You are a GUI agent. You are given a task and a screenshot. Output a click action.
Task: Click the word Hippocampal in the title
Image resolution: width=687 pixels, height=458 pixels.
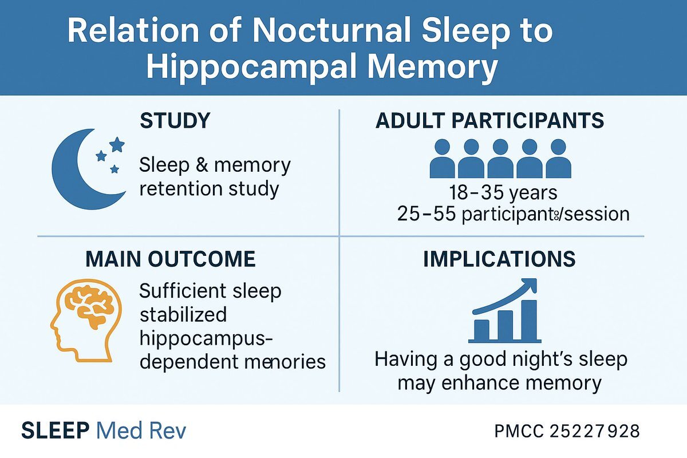point(251,67)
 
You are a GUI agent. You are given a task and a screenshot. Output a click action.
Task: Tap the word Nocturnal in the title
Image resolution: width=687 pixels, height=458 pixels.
point(332,31)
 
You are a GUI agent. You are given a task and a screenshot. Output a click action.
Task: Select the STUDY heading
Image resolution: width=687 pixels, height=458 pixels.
point(175,121)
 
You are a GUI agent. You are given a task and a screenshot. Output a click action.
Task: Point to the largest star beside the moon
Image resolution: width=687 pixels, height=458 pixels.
point(117,144)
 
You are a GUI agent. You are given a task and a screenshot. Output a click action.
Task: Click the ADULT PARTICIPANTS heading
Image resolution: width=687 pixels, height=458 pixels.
point(489,121)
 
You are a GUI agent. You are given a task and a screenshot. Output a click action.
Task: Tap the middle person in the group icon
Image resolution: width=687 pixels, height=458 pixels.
point(500,158)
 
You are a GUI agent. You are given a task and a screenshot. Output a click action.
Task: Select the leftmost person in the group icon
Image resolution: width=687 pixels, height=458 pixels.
point(442,158)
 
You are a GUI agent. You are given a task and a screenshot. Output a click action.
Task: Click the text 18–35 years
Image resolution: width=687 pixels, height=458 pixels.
point(503,193)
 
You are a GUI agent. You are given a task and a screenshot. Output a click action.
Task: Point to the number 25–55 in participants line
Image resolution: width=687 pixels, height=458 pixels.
point(426,214)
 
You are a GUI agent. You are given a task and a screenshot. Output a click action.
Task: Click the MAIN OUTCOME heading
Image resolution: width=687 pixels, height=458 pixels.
point(170,259)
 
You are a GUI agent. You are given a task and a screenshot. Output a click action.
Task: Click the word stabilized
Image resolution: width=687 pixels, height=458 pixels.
point(183,315)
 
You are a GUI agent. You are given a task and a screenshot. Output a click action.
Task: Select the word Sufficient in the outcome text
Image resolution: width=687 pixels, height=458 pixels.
point(182,291)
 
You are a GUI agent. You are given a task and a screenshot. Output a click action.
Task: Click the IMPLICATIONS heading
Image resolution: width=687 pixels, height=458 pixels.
point(499,259)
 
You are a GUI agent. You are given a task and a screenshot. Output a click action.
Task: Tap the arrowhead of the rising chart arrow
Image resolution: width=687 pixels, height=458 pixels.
point(530,285)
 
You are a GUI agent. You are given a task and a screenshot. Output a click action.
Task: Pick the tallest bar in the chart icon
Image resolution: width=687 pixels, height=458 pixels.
point(529,320)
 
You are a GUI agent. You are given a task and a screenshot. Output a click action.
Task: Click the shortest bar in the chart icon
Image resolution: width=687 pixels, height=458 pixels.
point(481,330)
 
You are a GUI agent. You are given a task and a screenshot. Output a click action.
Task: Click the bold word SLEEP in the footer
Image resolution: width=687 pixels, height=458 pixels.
point(55,431)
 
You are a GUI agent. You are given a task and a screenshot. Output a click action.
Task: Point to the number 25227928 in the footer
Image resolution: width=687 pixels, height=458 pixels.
point(594,431)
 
